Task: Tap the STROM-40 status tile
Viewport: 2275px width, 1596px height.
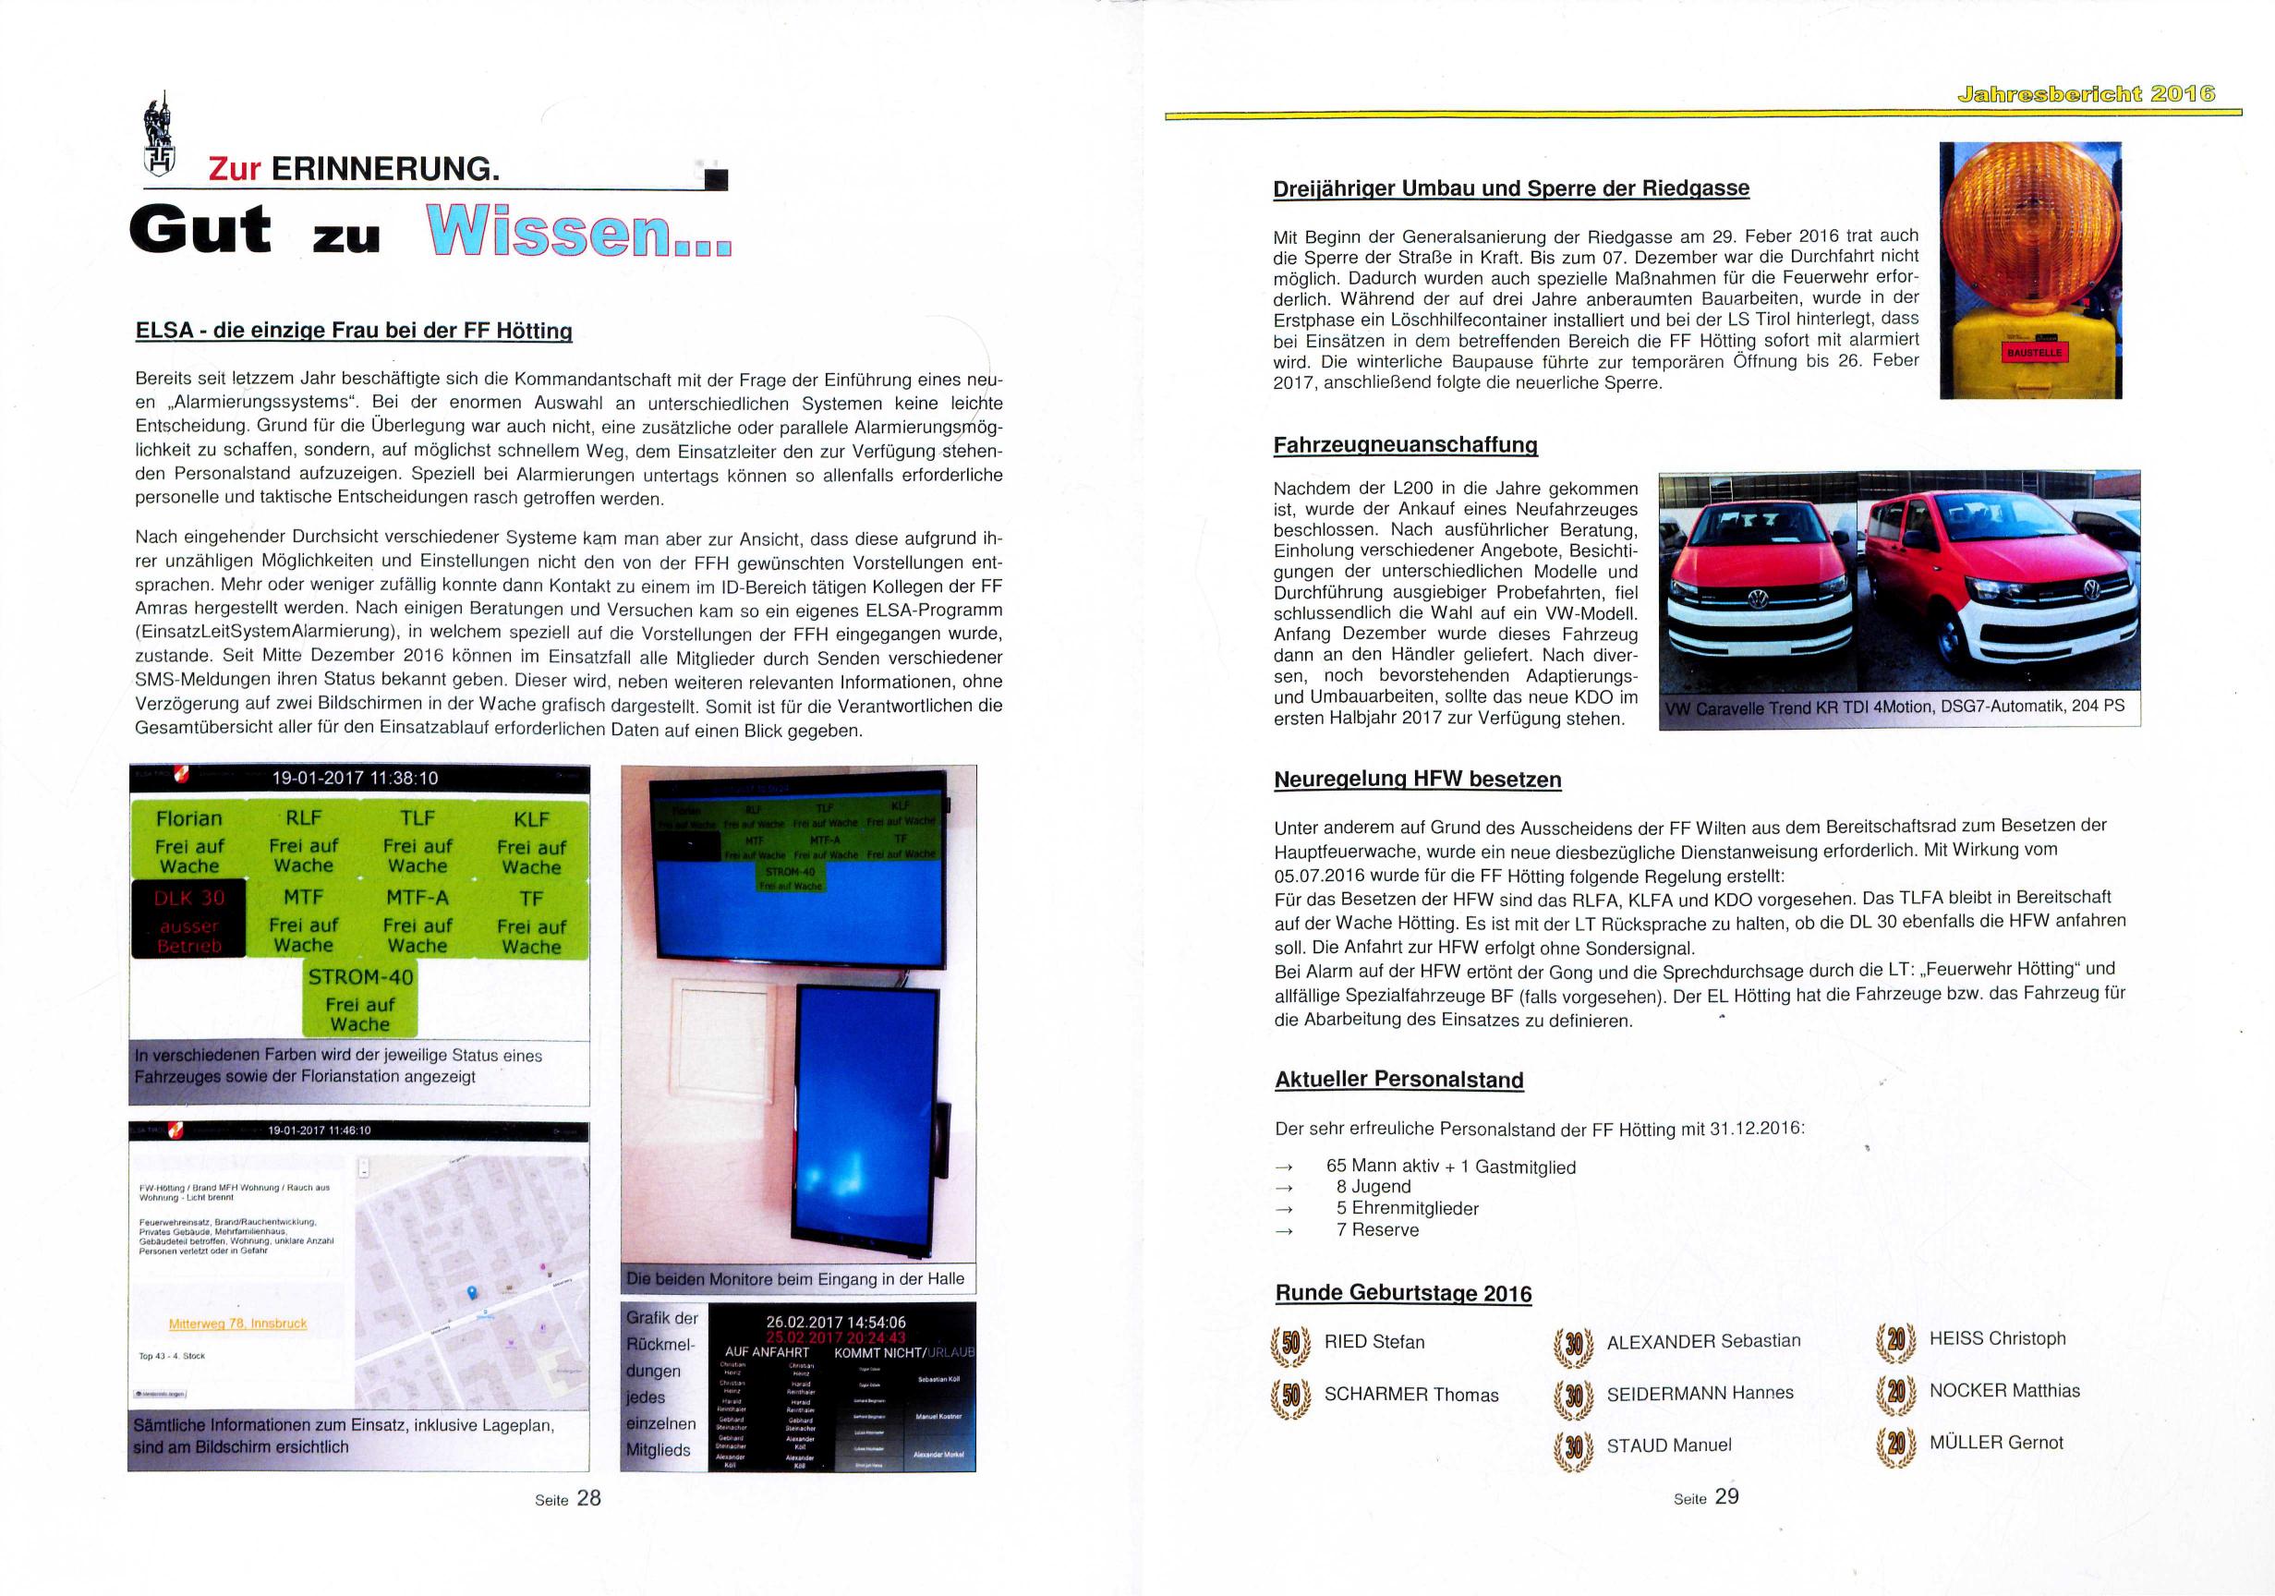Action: [x=360, y=998]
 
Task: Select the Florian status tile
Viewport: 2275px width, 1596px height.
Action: [x=188, y=840]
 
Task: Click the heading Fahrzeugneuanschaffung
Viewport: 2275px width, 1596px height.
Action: [x=1404, y=445]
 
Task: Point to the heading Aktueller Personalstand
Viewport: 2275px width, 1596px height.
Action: [x=1398, y=1080]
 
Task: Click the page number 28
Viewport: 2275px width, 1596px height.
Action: [x=588, y=1498]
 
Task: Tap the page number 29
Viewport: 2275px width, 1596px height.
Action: [x=1726, y=1496]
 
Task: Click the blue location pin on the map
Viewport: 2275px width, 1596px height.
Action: [x=471, y=1293]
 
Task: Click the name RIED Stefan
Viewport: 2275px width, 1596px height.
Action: [x=1373, y=1342]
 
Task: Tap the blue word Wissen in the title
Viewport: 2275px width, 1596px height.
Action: [x=576, y=233]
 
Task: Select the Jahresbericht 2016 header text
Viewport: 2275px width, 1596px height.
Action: [x=2085, y=95]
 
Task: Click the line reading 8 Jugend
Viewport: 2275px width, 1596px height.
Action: [x=1373, y=1187]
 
